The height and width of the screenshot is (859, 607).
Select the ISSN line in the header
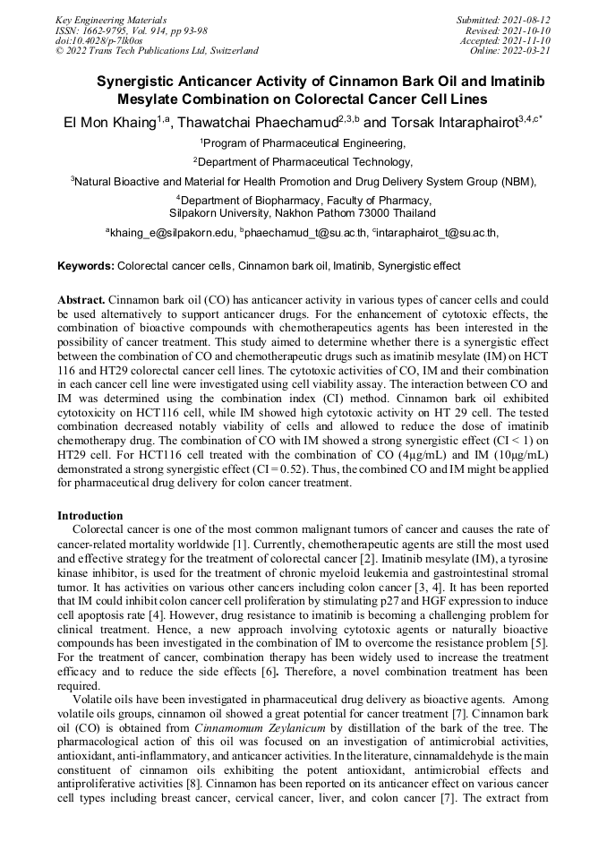(x=132, y=30)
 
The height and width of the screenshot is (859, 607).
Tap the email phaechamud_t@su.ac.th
(x=305, y=233)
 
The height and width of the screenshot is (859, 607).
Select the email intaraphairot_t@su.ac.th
(x=437, y=233)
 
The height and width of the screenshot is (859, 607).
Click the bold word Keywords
(x=85, y=266)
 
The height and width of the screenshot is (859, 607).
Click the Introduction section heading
(x=90, y=516)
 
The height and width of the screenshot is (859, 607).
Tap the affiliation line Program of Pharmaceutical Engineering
(x=303, y=143)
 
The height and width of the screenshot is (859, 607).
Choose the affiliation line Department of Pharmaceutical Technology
(x=303, y=162)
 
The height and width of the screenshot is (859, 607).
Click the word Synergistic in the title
(x=142, y=82)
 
